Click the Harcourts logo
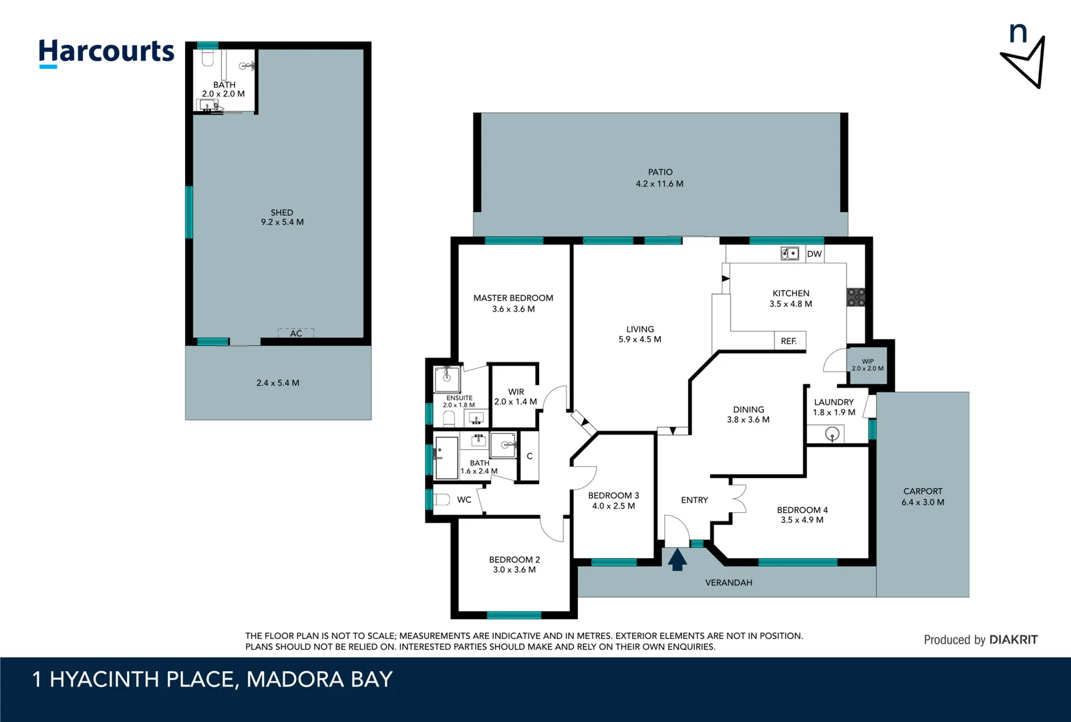pos(106,52)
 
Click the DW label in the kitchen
pos(814,254)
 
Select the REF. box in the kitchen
pos(789,341)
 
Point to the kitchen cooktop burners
pos(856,297)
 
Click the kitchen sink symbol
pos(790,253)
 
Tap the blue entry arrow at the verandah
pos(677,560)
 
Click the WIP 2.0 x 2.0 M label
pos(867,365)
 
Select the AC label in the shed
pos(296,333)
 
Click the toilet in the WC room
pos(442,499)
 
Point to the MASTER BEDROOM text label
pos(513,298)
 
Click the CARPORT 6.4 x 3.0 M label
pos(923,496)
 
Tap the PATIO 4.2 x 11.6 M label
pos(659,178)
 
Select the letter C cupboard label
pos(529,457)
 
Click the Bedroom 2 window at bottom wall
pos(514,615)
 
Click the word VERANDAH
pos(728,583)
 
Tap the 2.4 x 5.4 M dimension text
pos(278,383)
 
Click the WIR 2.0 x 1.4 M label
pos(516,397)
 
